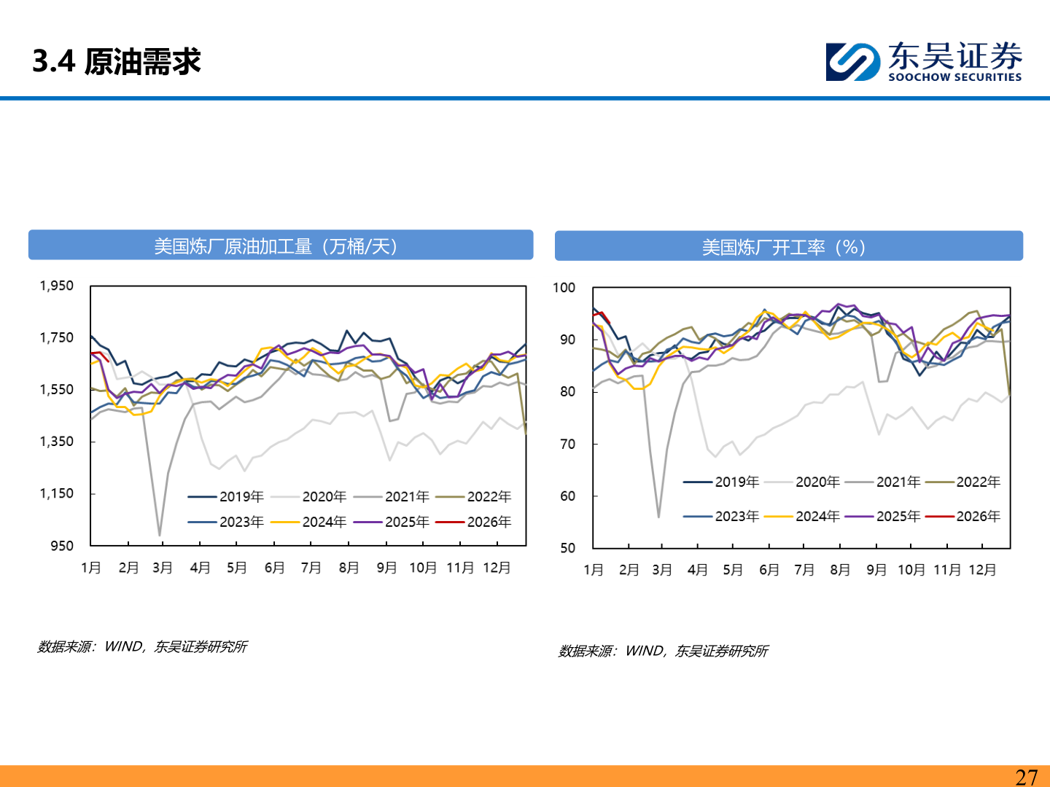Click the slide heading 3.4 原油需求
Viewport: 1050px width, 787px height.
(x=117, y=61)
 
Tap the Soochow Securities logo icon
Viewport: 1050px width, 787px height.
(x=852, y=61)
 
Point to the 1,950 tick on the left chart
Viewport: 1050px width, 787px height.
(x=57, y=286)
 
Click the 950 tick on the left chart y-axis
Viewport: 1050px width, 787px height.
(x=62, y=546)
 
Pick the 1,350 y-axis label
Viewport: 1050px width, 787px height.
(x=57, y=442)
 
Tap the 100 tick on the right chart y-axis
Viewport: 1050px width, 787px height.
(x=564, y=288)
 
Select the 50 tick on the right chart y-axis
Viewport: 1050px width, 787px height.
(x=567, y=548)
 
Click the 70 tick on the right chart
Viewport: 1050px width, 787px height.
(x=567, y=444)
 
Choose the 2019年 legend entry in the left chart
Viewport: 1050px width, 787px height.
(x=226, y=497)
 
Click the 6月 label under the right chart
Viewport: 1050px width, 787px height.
(x=769, y=570)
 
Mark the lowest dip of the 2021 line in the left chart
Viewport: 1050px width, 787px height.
(x=160, y=536)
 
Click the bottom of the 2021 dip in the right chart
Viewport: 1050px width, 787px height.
(x=658, y=517)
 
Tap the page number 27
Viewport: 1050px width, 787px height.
(x=1026, y=777)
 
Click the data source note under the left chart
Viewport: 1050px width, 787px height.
(x=143, y=647)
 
